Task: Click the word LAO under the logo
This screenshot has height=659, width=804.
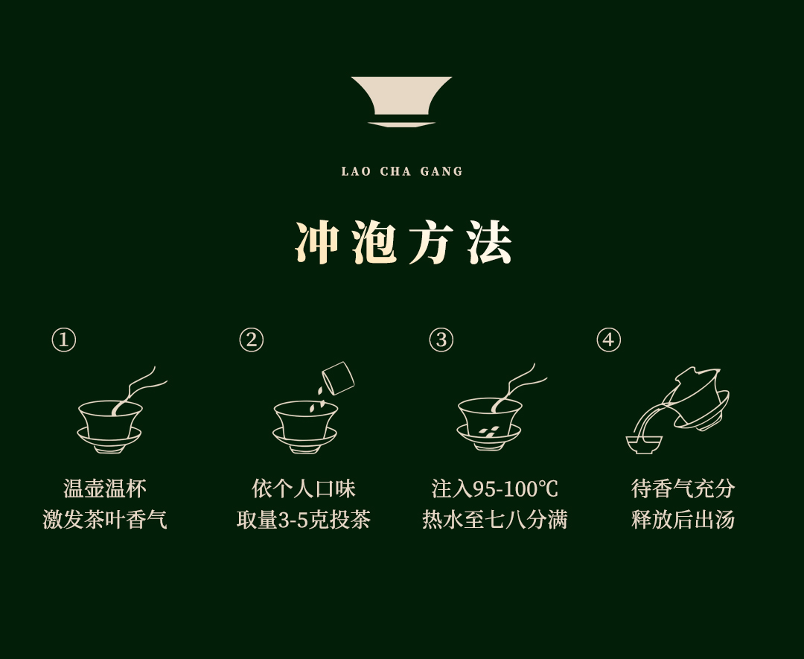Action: [356, 171]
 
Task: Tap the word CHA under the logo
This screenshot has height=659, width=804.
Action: [395, 171]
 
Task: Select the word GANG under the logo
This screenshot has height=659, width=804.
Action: [441, 171]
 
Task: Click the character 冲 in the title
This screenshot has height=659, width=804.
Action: [318, 243]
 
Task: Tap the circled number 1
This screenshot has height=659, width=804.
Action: [64, 340]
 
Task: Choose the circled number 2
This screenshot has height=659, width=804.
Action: [252, 340]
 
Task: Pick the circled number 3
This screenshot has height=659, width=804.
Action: [441, 340]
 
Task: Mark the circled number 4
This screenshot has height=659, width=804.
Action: [609, 340]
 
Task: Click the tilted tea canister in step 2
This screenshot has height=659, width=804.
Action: [337, 379]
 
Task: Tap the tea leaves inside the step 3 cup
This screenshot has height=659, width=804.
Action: [488, 431]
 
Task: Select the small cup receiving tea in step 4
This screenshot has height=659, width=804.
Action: [644, 445]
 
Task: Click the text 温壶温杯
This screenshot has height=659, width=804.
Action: [105, 488]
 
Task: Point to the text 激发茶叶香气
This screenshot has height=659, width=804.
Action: [105, 520]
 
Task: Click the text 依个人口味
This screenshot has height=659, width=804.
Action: [304, 488]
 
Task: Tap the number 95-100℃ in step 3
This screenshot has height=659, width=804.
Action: [515, 488]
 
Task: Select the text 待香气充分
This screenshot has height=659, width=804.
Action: [683, 488]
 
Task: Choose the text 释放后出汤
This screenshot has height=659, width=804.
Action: [683, 520]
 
